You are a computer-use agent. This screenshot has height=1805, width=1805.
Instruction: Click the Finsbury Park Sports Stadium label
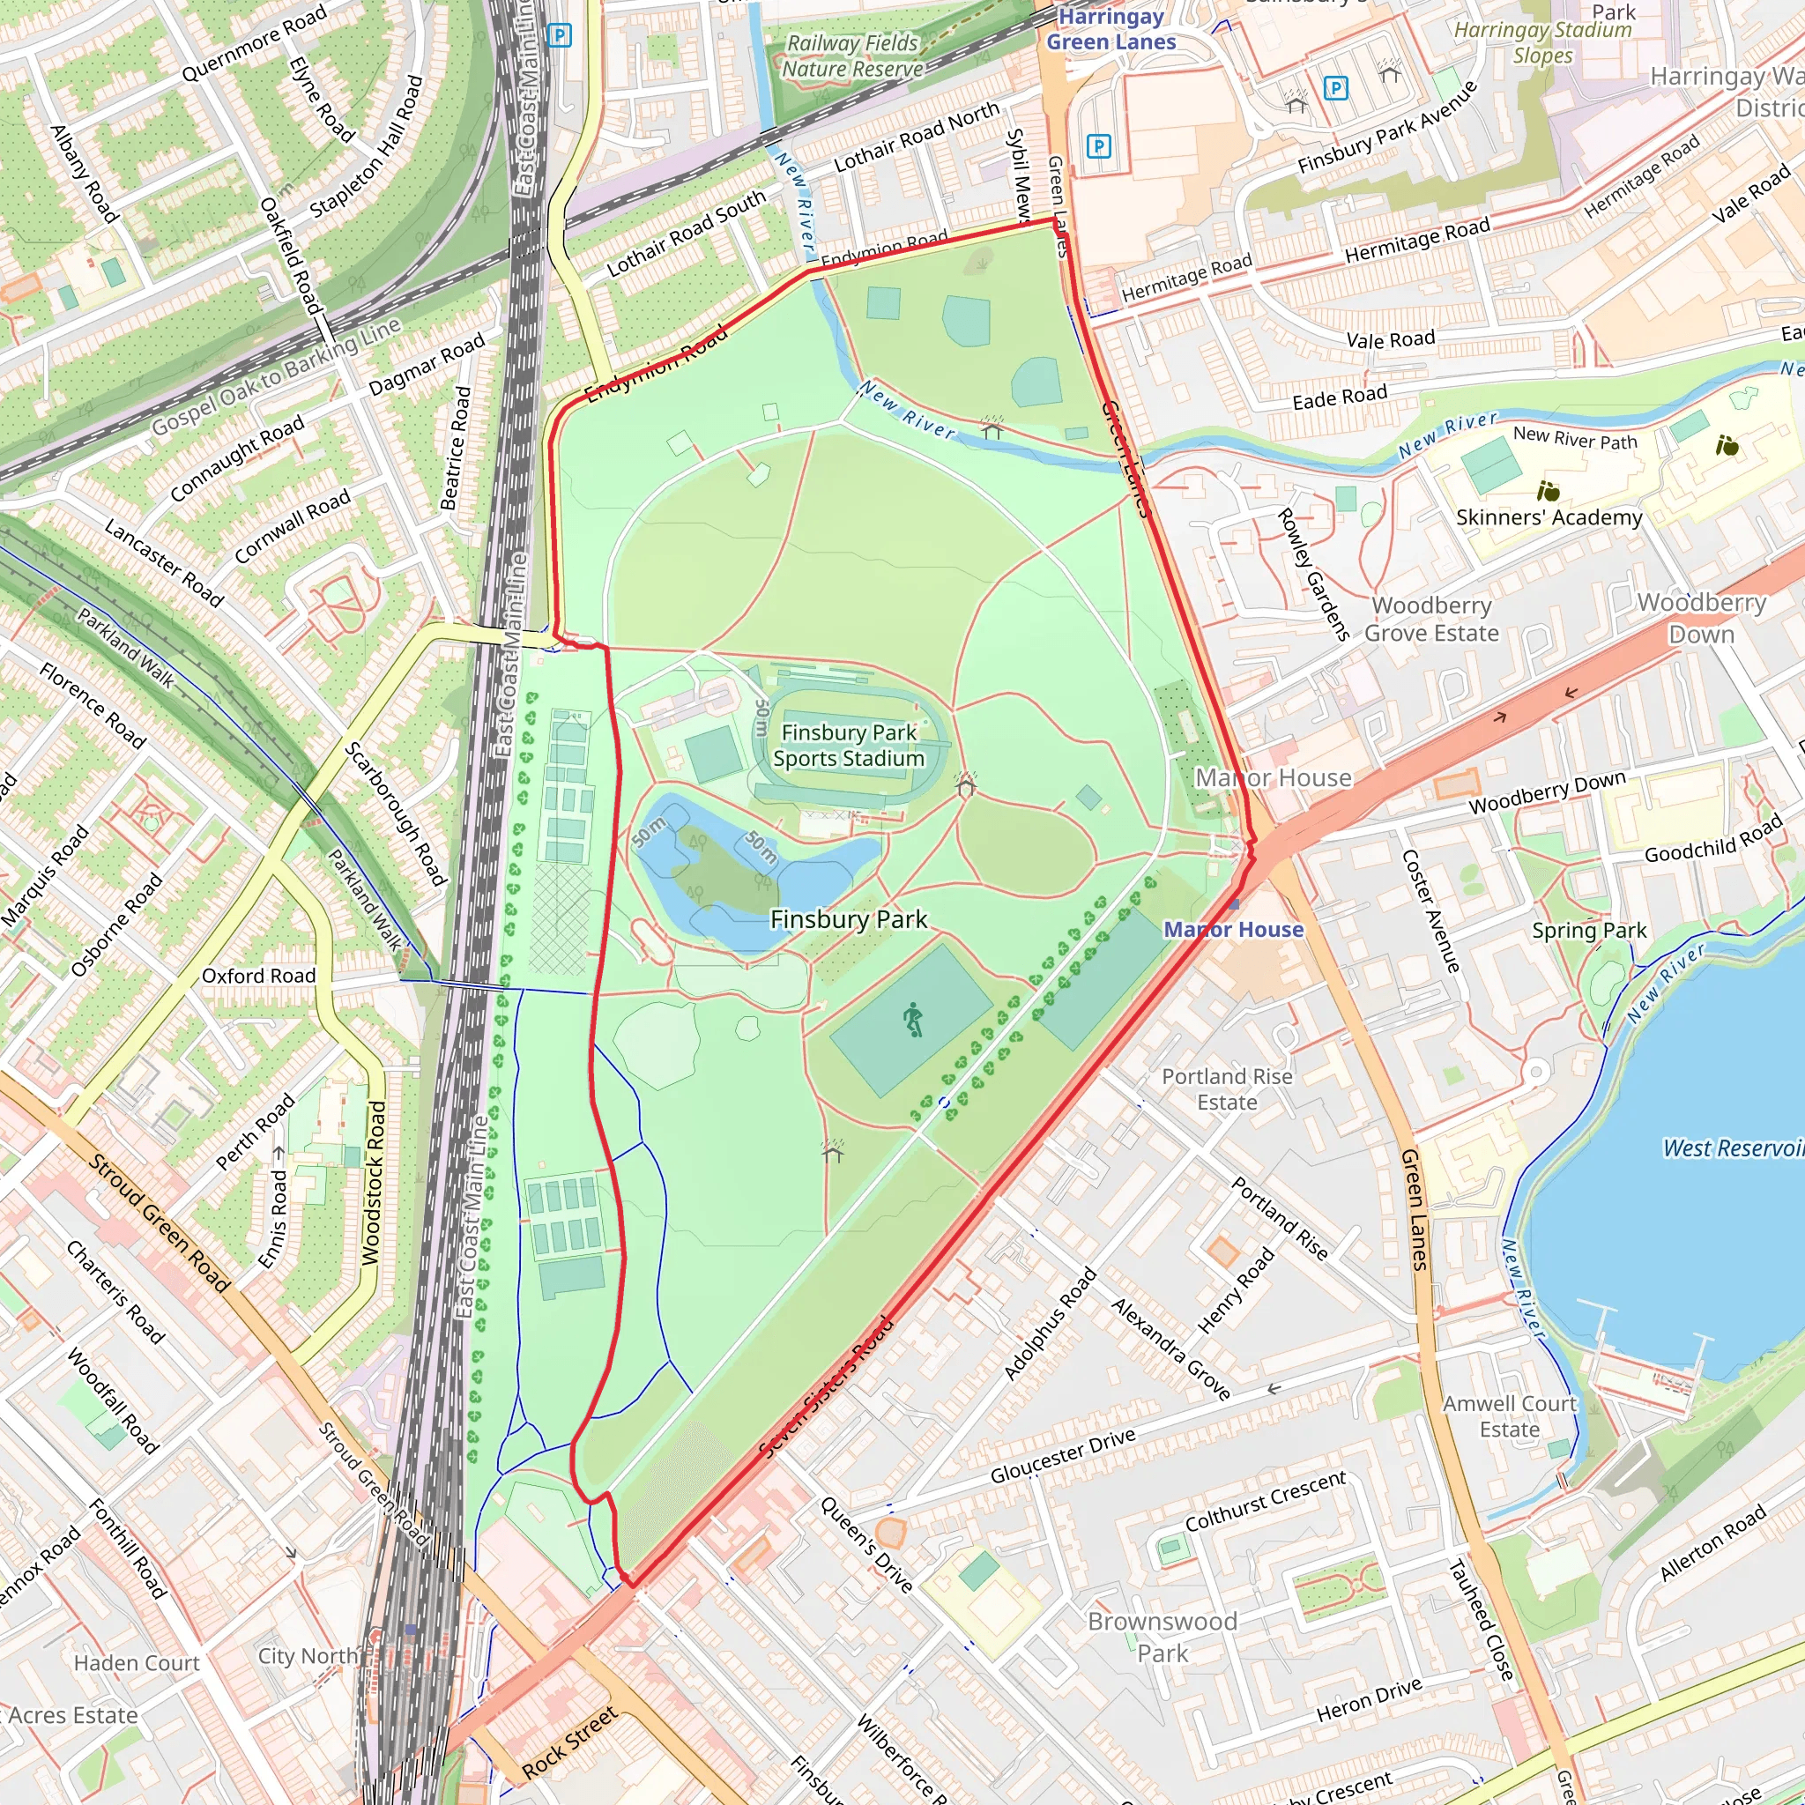(x=849, y=746)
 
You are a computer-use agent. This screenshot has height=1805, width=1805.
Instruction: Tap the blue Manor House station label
(x=1233, y=930)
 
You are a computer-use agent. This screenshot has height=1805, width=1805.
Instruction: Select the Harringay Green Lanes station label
(x=1110, y=30)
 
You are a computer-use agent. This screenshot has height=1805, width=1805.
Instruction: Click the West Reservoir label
(x=1732, y=1148)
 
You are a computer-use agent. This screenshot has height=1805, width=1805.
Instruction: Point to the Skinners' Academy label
(x=1548, y=517)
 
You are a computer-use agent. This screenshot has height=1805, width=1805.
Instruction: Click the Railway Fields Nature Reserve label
(x=852, y=56)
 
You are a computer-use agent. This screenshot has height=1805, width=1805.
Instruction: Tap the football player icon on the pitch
(x=913, y=1020)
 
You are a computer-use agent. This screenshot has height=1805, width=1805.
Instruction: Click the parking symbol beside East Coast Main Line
(x=559, y=36)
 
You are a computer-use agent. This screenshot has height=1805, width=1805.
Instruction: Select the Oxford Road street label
(x=259, y=976)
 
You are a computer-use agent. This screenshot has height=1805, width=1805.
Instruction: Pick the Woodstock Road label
(x=374, y=1183)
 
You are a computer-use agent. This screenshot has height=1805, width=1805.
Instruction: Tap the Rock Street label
(x=569, y=1742)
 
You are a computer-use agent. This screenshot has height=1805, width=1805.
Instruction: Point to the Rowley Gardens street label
(x=1312, y=574)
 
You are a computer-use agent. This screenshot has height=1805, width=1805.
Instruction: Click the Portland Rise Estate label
(x=1227, y=1089)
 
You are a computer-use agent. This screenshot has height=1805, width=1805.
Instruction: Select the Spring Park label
(x=1589, y=931)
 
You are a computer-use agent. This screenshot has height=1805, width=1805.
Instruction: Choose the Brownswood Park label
(x=1162, y=1637)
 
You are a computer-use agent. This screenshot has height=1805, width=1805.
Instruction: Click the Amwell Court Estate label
(x=1509, y=1416)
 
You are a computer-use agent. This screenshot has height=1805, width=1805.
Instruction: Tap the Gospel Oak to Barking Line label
(x=277, y=375)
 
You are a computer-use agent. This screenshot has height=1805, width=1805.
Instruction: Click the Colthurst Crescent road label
(x=1265, y=1501)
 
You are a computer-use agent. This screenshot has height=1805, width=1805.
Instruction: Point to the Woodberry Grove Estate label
(x=1431, y=620)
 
